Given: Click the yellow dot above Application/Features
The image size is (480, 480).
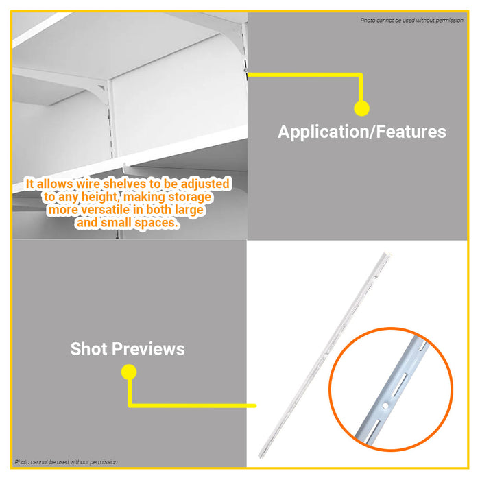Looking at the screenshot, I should [x=361, y=108].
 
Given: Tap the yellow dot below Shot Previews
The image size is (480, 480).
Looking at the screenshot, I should [x=129, y=372].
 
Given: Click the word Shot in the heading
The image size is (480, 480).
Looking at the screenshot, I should [x=88, y=349].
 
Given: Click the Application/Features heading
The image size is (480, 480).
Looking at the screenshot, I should [x=361, y=132].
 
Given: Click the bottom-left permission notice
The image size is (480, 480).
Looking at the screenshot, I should [x=66, y=462].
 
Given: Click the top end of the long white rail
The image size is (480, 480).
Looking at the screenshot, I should [x=385, y=258].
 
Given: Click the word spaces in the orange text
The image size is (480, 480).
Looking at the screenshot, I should [x=155, y=223].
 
